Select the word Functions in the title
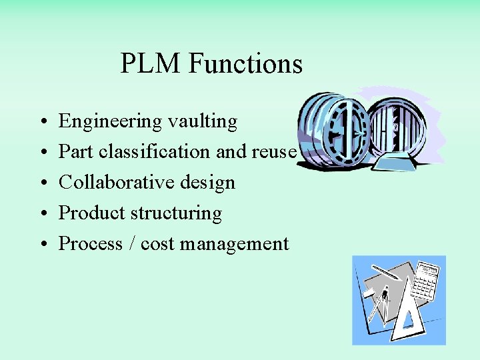[245, 64]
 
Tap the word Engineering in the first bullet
[110, 122]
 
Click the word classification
[155, 152]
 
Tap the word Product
[92, 213]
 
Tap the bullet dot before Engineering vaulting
[42, 123]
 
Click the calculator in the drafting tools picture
[425, 281]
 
